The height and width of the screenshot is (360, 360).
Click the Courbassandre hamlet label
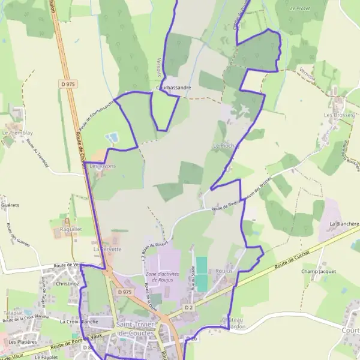(x=173, y=88)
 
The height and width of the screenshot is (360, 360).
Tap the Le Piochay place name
(x=226, y=146)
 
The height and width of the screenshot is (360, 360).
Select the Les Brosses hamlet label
(x=336, y=114)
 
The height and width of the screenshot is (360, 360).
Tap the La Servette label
(x=107, y=248)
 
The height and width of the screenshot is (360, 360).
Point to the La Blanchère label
(x=344, y=223)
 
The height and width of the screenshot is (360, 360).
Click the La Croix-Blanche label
(x=79, y=322)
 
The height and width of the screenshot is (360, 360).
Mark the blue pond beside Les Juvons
(x=112, y=138)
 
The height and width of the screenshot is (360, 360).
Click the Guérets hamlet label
(x=11, y=205)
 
